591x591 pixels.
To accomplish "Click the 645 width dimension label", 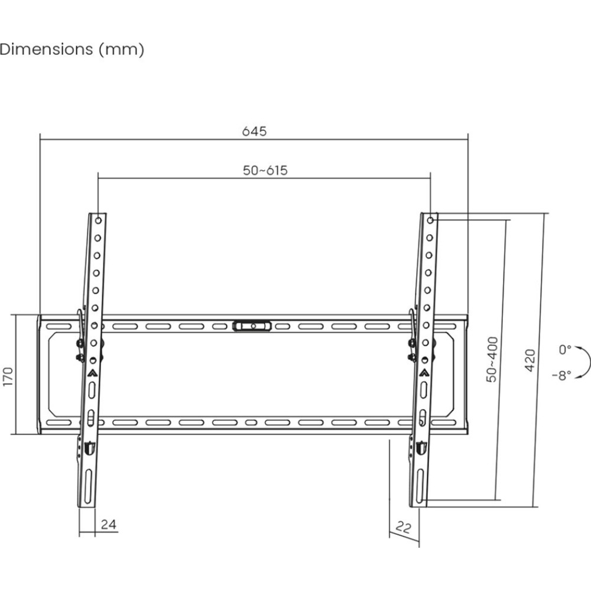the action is (x=254, y=131).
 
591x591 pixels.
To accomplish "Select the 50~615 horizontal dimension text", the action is (x=265, y=170).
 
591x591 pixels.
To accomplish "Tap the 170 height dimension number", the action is (x=8, y=376).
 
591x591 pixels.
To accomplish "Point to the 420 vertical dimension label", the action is (x=530, y=361).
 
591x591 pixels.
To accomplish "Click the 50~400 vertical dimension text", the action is (x=492, y=359).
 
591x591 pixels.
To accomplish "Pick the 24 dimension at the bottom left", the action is (x=109, y=524).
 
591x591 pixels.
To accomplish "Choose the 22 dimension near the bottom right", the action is (x=403, y=527).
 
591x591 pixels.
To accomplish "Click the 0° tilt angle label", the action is (x=564, y=350).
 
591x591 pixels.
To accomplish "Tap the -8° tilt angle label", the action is (x=561, y=375).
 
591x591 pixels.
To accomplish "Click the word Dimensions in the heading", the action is (x=46, y=50).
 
